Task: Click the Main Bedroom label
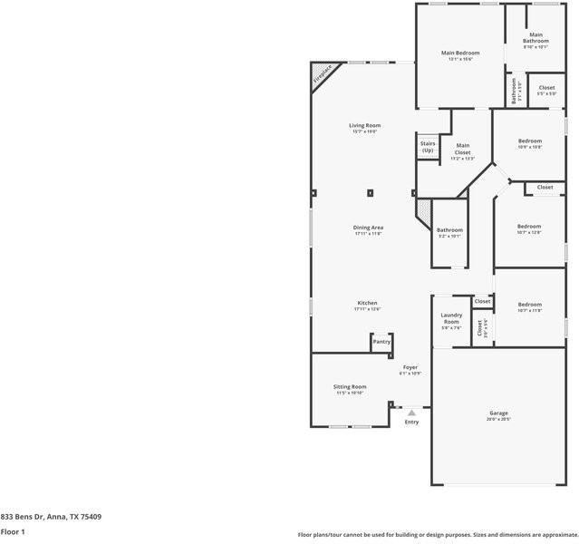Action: pyautogui.click(x=460, y=53)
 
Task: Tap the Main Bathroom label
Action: pyautogui.click(x=536, y=38)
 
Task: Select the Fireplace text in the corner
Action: pyautogui.click(x=323, y=74)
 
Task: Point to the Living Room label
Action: pyautogui.click(x=364, y=125)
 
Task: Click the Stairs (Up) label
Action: pyautogui.click(x=428, y=147)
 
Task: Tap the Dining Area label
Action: pyautogui.click(x=368, y=227)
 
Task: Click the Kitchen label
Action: pyautogui.click(x=367, y=303)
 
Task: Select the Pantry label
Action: pyautogui.click(x=381, y=342)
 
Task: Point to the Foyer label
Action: pyautogui.click(x=410, y=367)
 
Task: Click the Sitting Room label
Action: pyautogui.click(x=350, y=386)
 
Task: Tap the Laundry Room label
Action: pyautogui.click(x=450, y=318)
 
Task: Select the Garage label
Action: pyautogui.click(x=499, y=413)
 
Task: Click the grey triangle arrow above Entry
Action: pyautogui.click(x=411, y=413)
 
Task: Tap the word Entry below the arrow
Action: pyautogui.click(x=411, y=422)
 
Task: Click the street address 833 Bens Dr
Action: pyautogui.click(x=51, y=517)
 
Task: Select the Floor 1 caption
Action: pyautogui.click(x=13, y=531)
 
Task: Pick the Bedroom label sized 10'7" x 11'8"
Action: pyautogui.click(x=529, y=305)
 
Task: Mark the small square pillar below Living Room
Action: pyautogui.click(x=370, y=192)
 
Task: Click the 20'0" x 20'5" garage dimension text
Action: pyautogui.click(x=499, y=420)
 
